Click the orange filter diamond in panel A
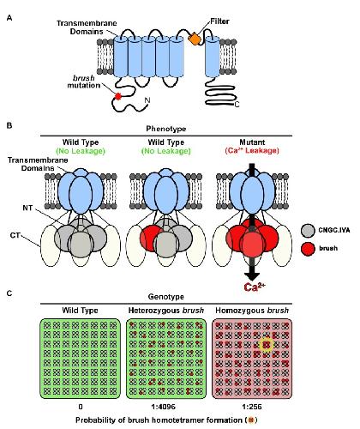click(x=195, y=39)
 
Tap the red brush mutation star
click(x=118, y=97)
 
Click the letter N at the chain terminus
click(x=147, y=100)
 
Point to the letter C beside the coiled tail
click(x=237, y=105)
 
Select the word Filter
click(x=219, y=21)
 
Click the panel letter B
click(x=9, y=125)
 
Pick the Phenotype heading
click(x=166, y=129)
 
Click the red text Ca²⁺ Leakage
click(x=252, y=150)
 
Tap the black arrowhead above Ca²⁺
click(x=252, y=276)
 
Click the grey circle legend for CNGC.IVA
click(x=309, y=231)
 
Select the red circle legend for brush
click(x=309, y=248)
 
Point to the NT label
click(x=27, y=208)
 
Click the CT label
click(x=15, y=235)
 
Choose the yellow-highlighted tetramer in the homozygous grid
click(x=267, y=344)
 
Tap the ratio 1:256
click(x=251, y=407)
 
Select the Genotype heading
click(x=166, y=297)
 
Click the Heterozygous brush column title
click(x=166, y=311)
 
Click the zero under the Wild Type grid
click(x=81, y=407)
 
